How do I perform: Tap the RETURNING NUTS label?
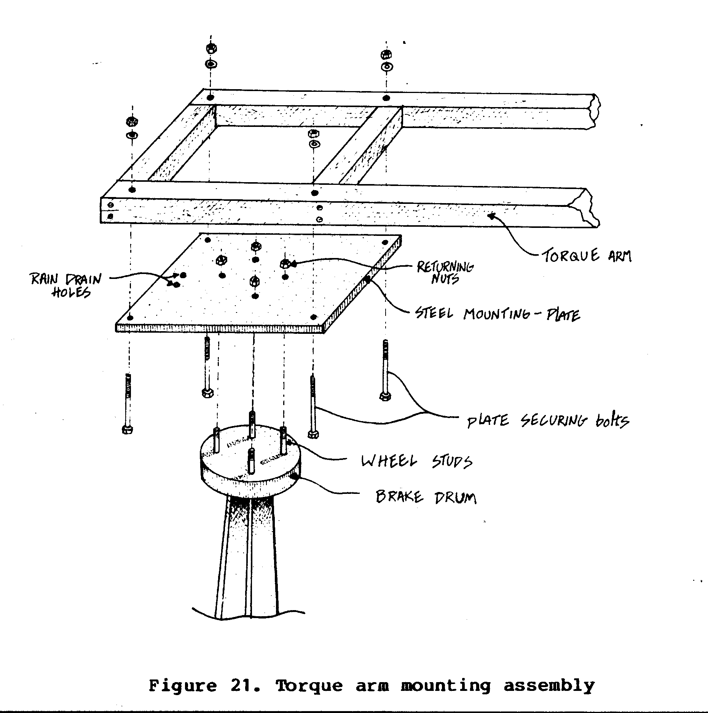click(x=445, y=272)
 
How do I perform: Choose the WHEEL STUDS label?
click(x=417, y=461)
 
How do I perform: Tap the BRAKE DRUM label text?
click(x=426, y=497)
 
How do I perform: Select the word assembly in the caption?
click(x=549, y=686)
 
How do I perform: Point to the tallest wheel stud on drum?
click(x=252, y=424)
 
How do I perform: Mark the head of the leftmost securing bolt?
click(x=128, y=429)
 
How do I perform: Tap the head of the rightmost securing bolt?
click(x=385, y=396)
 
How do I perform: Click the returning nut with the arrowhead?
click(x=285, y=263)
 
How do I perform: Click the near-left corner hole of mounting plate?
click(x=131, y=317)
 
